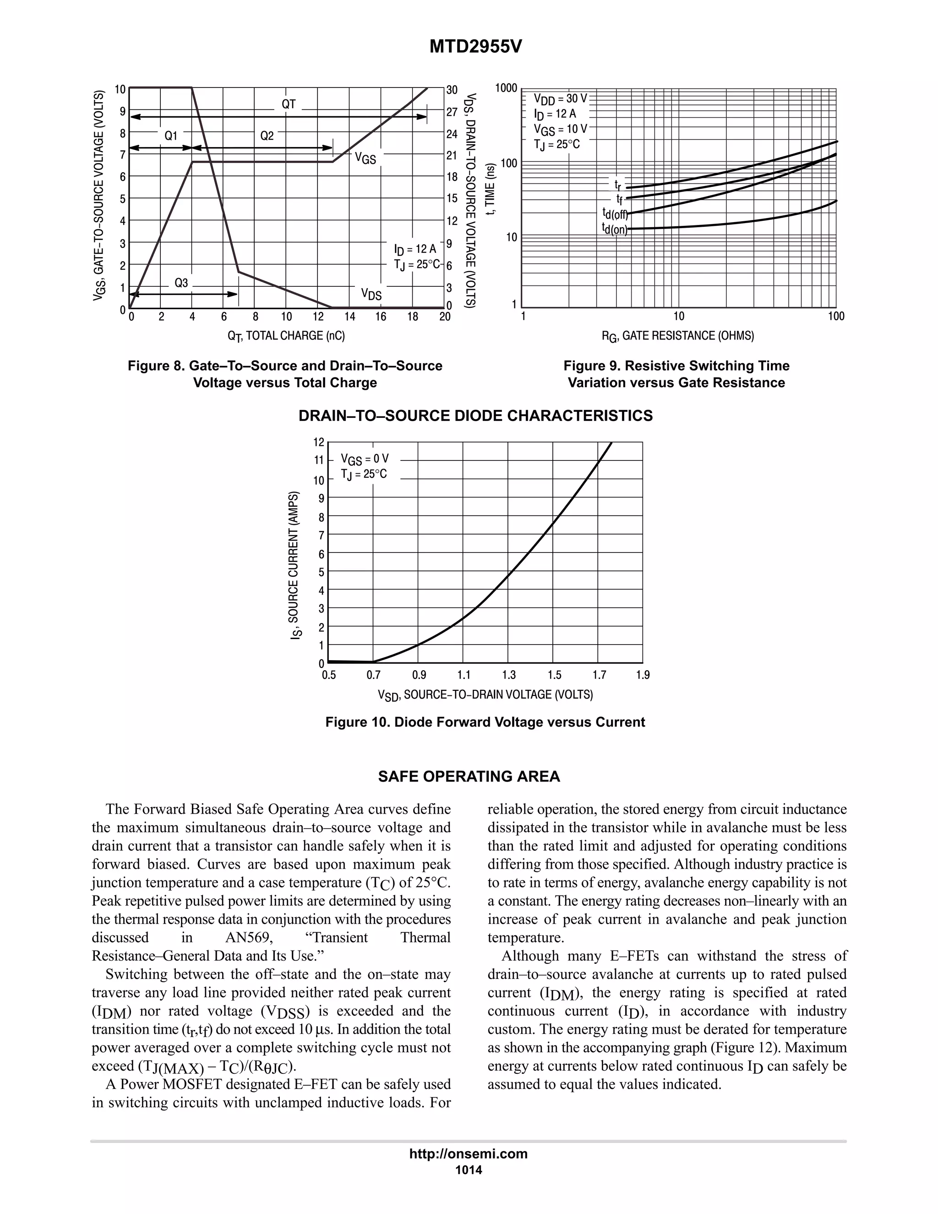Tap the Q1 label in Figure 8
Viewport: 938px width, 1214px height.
pos(171,136)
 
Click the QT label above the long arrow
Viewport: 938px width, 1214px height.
pos(289,104)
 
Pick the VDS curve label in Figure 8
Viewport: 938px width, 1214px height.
pos(371,294)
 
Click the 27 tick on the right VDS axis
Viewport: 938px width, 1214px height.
pos(452,112)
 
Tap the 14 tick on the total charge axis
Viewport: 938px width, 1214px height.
pos(349,317)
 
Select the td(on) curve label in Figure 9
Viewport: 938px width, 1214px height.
pos(615,229)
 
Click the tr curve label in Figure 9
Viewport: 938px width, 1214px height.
pos(618,184)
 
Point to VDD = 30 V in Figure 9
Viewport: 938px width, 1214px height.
pos(560,99)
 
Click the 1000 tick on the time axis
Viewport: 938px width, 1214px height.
pos(506,88)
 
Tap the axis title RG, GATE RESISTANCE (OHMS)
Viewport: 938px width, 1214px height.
pos(677,336)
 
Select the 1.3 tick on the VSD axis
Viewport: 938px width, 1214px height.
pos(508,675)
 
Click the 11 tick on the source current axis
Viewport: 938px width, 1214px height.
pos(319,460)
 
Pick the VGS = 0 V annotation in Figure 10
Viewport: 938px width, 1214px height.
pos(365,459)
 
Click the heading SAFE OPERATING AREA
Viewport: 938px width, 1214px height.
pos(469,777)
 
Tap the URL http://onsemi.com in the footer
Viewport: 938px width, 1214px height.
pos(469,1154)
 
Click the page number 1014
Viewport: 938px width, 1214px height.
pos(469,1170)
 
